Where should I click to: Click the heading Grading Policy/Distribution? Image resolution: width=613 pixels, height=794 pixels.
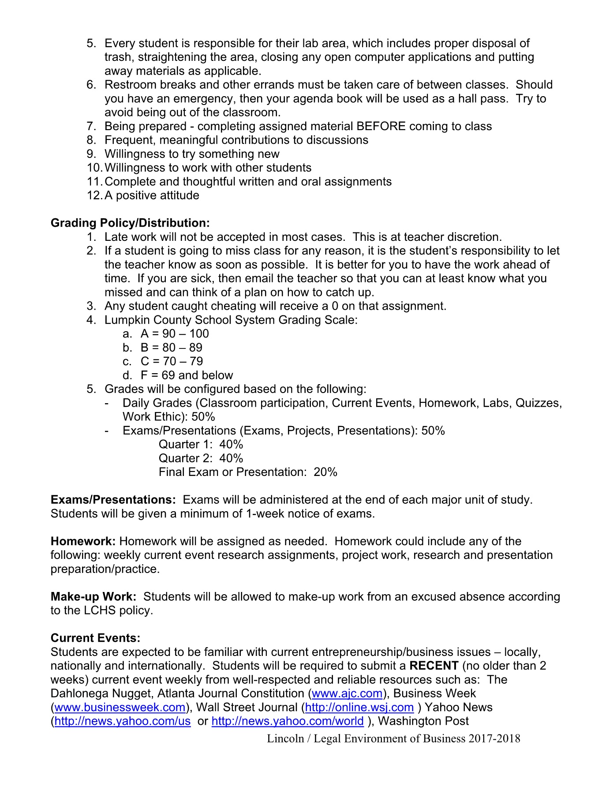[130, 223]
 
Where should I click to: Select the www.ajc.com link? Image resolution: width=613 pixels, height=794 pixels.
[347, 693]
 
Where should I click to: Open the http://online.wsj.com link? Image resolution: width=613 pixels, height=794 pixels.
[359, 708]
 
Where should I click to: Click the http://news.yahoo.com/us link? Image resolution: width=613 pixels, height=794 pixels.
[123, 721]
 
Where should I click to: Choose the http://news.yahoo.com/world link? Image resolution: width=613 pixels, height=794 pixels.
[288, 721]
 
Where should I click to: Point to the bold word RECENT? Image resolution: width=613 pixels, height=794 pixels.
[434, 666]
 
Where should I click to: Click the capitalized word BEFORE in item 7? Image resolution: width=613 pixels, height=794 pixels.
[381, 127]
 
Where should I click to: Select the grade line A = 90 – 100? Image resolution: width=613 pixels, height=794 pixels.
[175, 334]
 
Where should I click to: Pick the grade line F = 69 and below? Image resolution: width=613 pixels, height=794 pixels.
[187, 375]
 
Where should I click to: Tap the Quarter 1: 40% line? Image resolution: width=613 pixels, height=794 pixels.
[201, 445]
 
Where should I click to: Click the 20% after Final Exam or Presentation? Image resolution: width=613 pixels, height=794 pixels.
[325, 472]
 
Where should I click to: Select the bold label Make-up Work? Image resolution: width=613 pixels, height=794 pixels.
[93, 597]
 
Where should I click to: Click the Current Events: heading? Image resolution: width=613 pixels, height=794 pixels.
[96, 638]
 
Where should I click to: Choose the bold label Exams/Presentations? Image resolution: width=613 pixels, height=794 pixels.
[113, 500]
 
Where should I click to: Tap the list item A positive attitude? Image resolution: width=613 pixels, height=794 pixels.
[152, 195]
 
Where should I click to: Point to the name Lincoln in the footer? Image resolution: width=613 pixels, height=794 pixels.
[285, 739]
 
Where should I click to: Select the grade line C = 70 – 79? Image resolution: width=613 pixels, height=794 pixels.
[172, 362]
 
